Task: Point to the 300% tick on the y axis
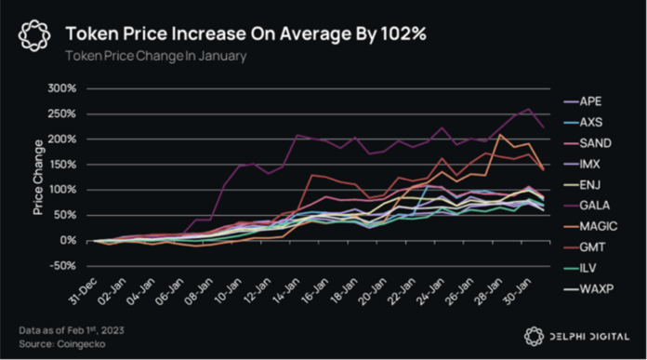pyautogui.click(x=61, y=89)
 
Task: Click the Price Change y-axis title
pyautogui.click(x=39, y=177)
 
